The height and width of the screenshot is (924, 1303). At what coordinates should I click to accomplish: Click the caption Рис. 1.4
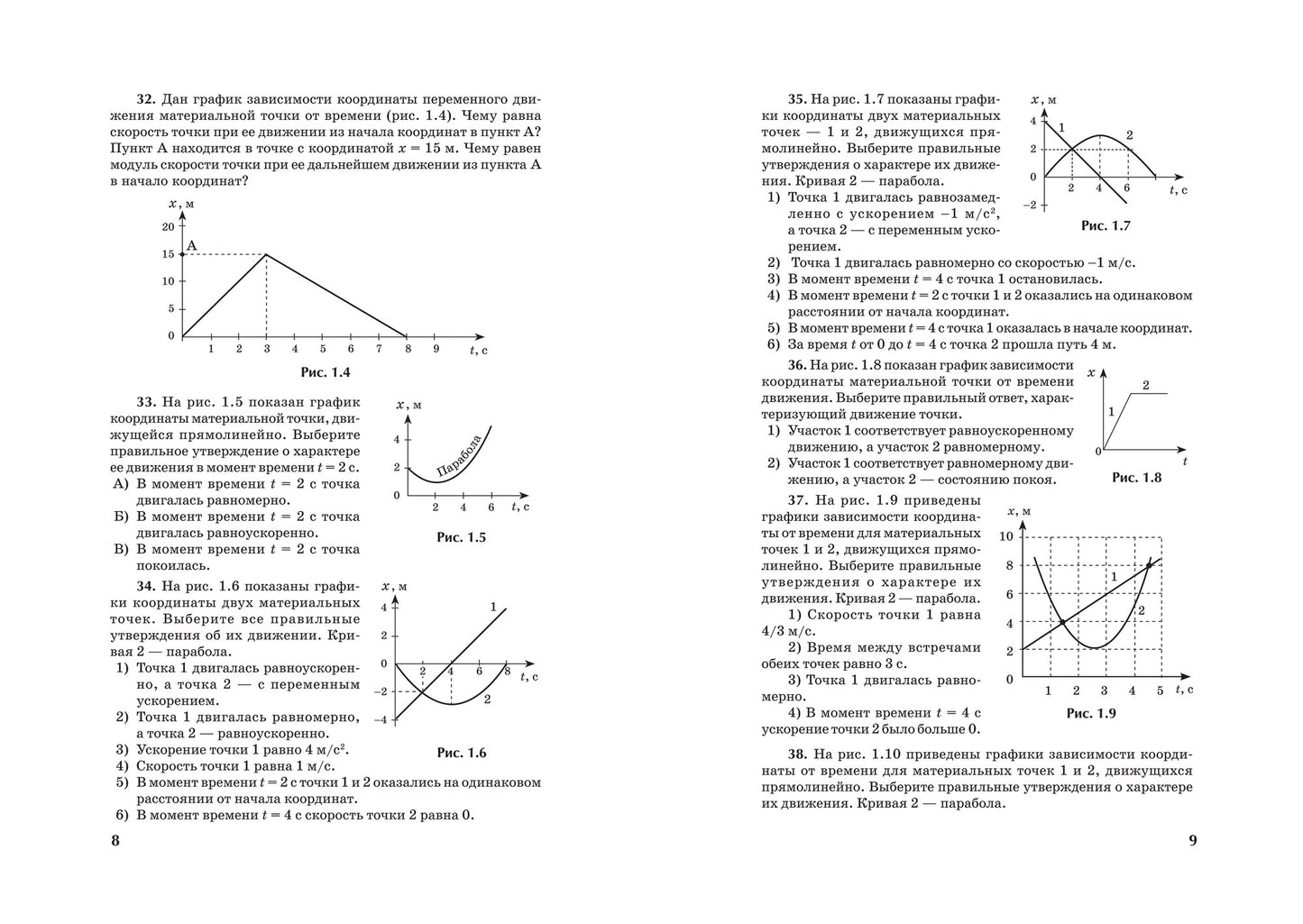[x=325, y=372]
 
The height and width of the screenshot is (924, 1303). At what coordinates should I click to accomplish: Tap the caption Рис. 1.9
[x=1091, y=713]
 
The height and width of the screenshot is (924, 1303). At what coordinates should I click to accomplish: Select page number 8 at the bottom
[x=115, y=841]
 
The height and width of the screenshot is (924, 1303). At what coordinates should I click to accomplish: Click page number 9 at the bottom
[x=1192, y=841]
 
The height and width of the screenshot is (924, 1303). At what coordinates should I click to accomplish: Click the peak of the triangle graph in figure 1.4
[x=266, y=254]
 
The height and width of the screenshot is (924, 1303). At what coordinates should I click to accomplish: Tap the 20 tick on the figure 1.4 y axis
[x=168, y=226]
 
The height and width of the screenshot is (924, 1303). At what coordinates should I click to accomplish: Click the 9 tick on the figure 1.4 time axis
[x=436, y=349]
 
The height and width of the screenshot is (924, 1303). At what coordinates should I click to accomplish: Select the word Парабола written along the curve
[x=459, y=455]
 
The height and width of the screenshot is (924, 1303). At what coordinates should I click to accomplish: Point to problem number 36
[x=796, y=365]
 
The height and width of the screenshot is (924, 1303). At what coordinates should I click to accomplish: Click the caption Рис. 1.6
[x=461, y=753]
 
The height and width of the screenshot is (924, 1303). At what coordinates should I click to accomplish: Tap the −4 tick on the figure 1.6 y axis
[x=382, y=719]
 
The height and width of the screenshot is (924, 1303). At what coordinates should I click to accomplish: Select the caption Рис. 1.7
[x=1106, y=225]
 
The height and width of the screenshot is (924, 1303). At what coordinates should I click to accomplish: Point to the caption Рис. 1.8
[x=1136, y=478]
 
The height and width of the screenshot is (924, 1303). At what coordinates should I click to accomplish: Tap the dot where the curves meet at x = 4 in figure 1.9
[x=1063, y=622]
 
